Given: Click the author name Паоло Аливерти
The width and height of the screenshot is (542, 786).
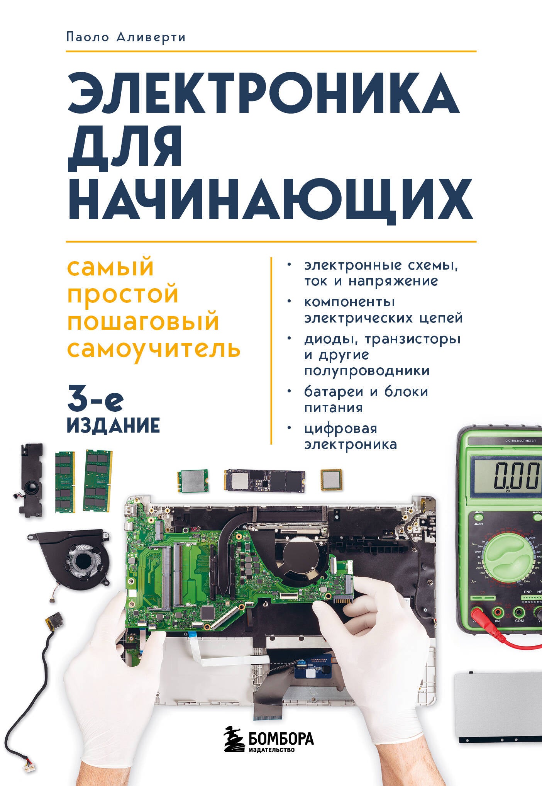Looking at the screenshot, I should (x=126, y=37).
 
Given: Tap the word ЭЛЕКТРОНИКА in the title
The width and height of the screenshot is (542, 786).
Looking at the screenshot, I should (x=263, y=95).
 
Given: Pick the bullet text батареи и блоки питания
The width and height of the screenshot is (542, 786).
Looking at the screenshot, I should (x=366, y=399).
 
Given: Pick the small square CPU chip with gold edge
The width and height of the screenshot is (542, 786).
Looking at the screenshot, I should (x=331, y=480).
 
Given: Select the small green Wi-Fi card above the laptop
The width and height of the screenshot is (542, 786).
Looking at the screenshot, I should (x=193, y=481).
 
